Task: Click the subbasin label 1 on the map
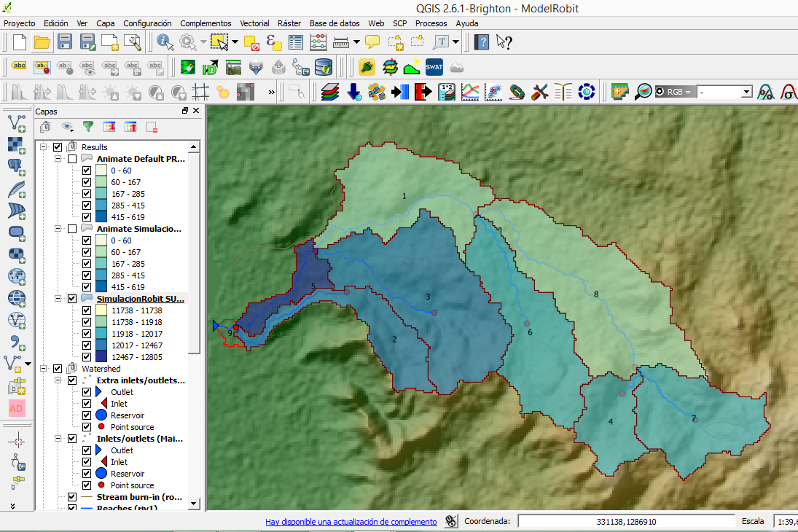404,196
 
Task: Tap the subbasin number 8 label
596,294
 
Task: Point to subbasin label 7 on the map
694,418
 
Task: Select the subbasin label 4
610,422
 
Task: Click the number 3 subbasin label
428,297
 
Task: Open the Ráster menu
289,23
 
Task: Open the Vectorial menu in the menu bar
255,23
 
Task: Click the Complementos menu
206,23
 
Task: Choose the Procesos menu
431,23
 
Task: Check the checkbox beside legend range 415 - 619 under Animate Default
87,217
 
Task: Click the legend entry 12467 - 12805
136,357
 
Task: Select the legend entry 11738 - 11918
136,322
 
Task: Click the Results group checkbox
58,147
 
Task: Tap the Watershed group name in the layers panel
101,369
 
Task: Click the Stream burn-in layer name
139,497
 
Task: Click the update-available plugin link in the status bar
351,522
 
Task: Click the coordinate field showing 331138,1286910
625,522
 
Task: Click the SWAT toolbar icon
434,68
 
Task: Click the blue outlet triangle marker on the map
216,326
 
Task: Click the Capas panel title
46,112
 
